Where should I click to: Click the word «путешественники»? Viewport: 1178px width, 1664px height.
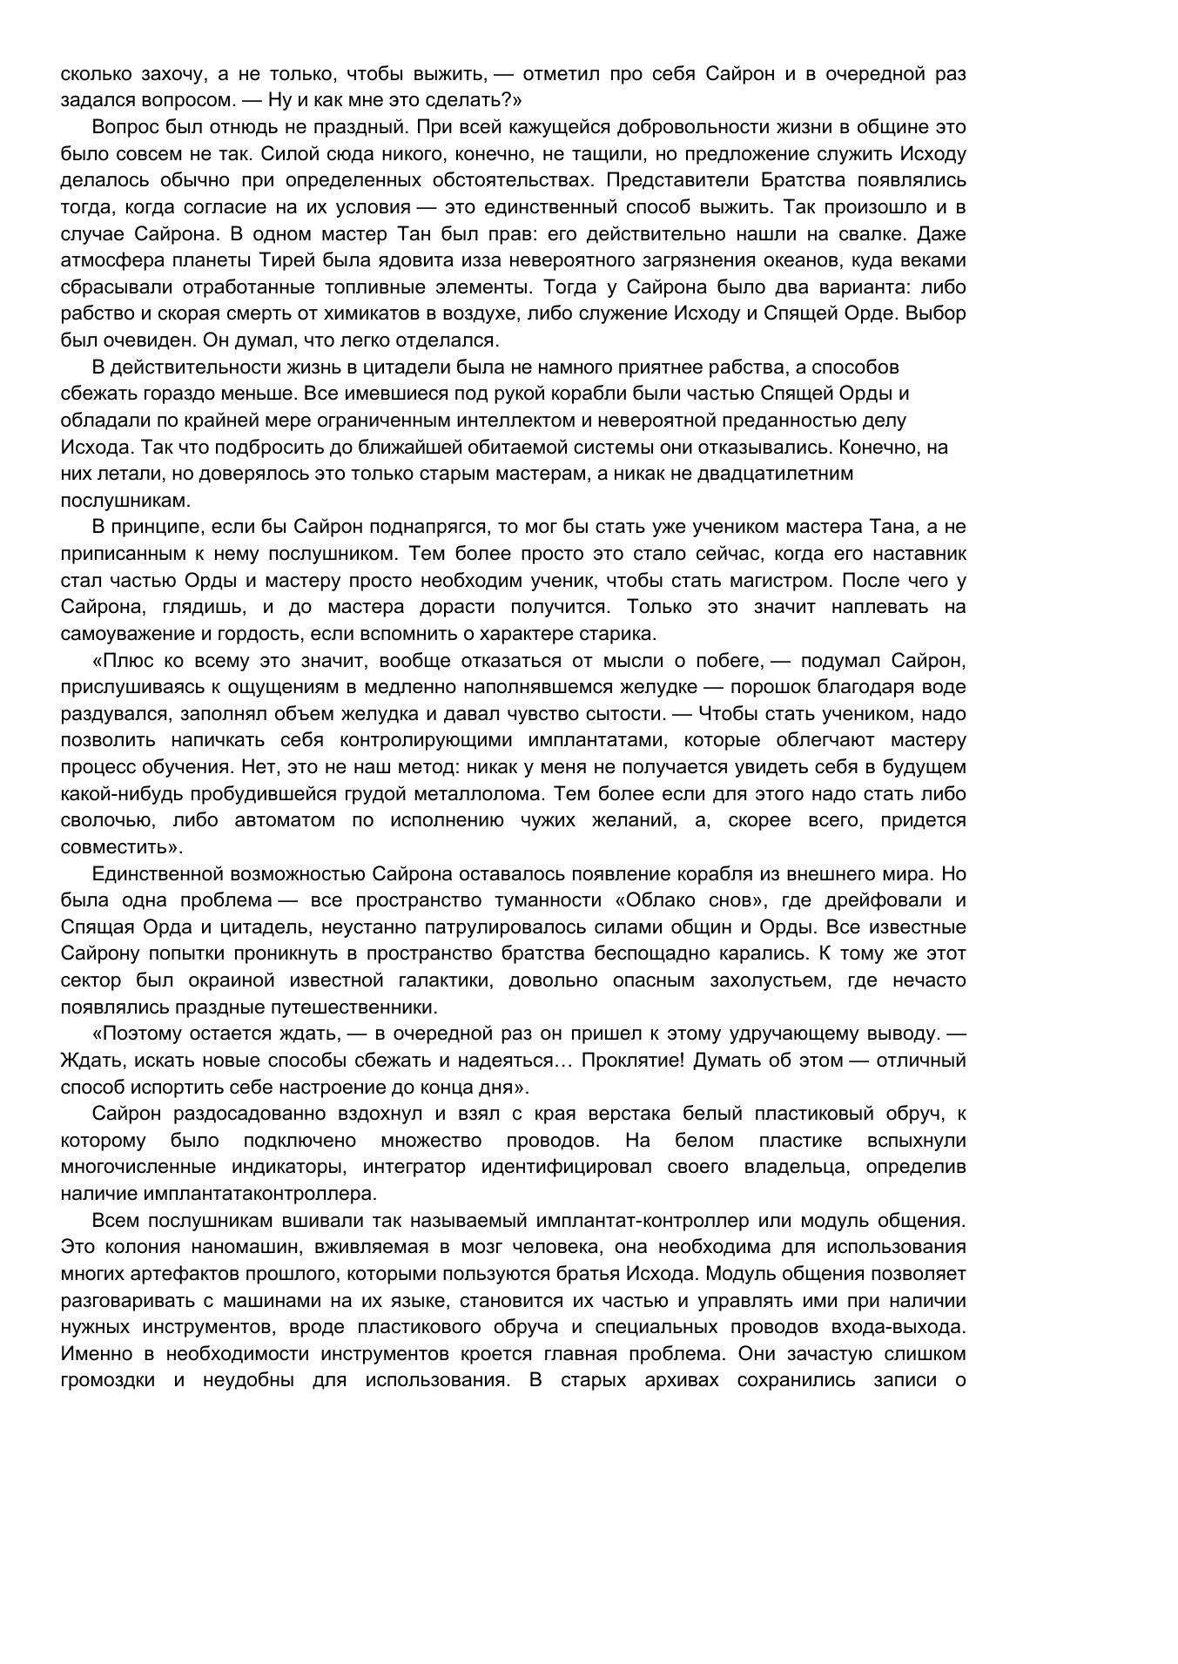point(361,1007)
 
